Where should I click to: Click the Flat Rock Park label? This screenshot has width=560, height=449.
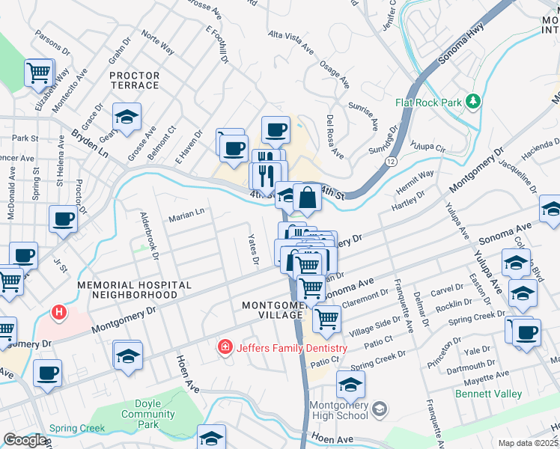click(x=428, y=100)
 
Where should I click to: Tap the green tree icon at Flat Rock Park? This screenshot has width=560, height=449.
click(x=472, y=100)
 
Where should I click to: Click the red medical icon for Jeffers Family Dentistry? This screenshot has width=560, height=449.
click(x=224, y=347)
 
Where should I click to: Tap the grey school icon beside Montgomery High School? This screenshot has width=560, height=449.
click(x=380, y=409)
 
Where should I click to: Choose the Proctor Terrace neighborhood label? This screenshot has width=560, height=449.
click(x=135, y=80)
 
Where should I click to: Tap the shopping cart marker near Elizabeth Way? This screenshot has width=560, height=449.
click(x=39, y=73)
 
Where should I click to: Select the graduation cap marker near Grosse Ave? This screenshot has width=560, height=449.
click(x=127, y=117)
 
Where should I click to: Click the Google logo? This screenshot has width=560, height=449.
click(x=25, y=440)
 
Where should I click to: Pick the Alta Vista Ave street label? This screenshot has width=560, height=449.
click(x=291, y=43)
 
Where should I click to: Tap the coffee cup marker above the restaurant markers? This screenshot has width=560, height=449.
click(x=276, y=129)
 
